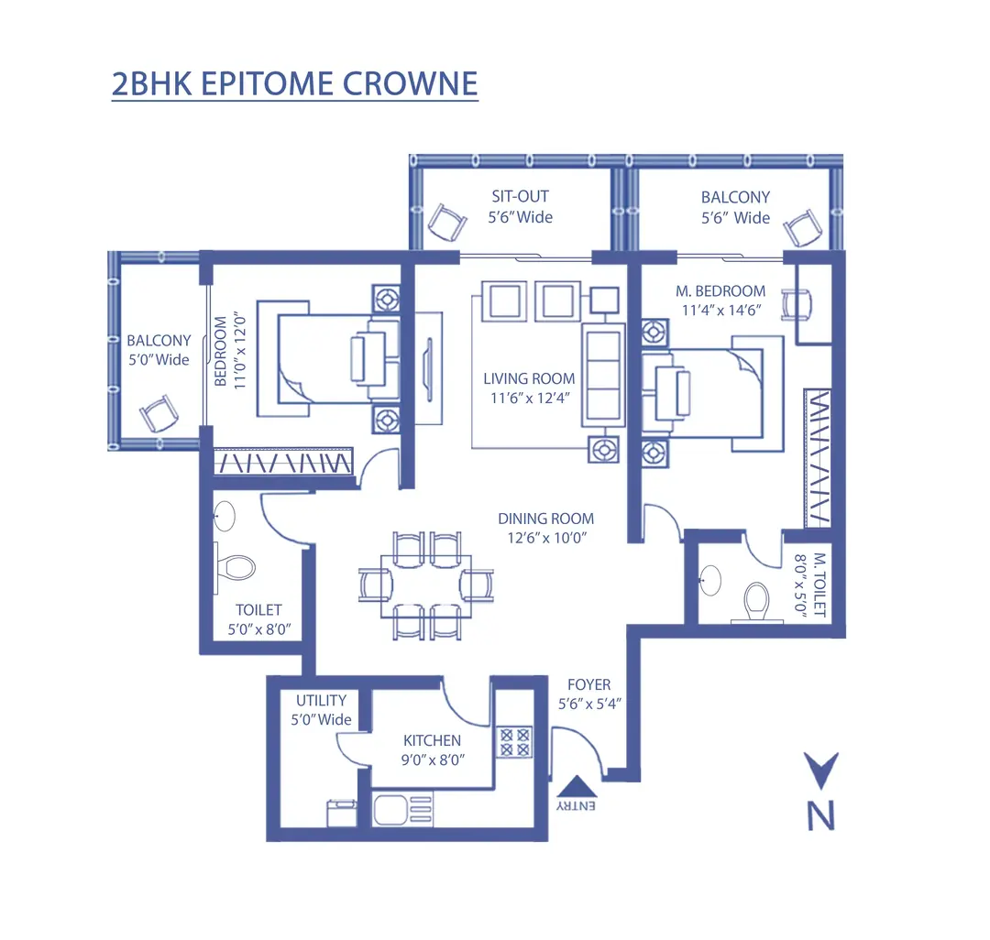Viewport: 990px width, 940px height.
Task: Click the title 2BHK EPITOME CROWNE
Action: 294,83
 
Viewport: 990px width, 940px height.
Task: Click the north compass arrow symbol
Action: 820,768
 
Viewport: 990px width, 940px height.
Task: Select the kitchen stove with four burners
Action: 515,741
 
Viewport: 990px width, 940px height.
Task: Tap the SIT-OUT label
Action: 520,197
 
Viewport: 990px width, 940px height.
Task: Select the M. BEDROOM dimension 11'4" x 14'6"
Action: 720,310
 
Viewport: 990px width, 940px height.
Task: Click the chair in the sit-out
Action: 446,221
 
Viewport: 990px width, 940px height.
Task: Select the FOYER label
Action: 588,684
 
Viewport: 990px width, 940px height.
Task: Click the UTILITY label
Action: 321,701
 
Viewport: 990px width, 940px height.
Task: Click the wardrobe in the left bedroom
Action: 283,462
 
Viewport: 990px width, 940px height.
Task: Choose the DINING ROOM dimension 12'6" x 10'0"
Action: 545,538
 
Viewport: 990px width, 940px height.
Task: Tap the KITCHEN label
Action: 432,740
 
